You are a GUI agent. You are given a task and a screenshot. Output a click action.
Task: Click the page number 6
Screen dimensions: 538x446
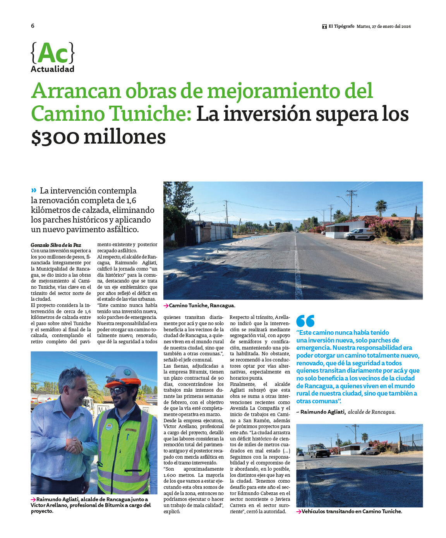click(x=33, y=26)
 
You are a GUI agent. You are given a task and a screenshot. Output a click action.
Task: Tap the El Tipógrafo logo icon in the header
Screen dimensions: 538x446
click(x=324, y=26)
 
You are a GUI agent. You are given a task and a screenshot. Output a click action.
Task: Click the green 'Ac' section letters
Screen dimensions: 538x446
click(x=53, y=53)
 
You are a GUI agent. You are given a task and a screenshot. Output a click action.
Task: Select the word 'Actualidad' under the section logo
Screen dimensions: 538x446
click(x=52, y=69)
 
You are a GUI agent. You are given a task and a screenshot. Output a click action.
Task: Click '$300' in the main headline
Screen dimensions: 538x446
click(x=55, y=137)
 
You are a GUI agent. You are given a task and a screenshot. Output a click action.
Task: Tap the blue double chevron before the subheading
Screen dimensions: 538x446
click(x=34, y=190)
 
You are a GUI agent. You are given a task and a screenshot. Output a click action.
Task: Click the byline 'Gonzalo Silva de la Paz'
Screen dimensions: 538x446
click(x=56, y=245)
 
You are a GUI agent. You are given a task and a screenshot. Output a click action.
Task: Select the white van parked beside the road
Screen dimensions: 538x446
click(x=359, y=234)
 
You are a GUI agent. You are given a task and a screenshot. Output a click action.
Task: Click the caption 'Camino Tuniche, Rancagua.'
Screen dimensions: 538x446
click(x=202, y=306)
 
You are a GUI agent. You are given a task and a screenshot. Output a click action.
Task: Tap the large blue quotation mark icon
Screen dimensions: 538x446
click(x=305, y=321)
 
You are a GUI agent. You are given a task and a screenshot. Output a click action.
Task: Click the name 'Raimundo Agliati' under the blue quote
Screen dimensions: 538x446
click(x=322, y=412)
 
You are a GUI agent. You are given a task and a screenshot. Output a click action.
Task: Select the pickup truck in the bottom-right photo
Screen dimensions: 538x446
click(x=319, y=450)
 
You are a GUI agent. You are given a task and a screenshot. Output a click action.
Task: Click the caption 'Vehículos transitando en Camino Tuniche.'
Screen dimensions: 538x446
click(x=352, y=511)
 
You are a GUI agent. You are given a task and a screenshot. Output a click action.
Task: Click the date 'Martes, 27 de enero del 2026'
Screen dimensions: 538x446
click(x=383, y=26)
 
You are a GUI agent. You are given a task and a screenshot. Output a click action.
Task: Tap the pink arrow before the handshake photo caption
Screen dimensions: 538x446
click(x=33, y=499)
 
